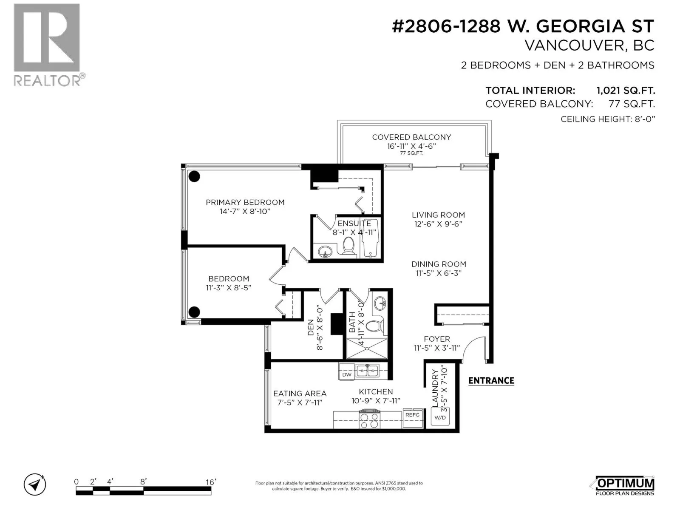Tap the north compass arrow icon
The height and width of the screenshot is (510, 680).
point(35,484)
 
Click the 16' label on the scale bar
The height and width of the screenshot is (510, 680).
point(211,482)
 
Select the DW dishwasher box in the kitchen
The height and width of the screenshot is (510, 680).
point(347,375)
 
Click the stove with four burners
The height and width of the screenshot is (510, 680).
point(369,419)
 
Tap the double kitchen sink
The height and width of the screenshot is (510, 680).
point(368,371)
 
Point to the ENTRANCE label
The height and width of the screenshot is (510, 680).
point(491,380)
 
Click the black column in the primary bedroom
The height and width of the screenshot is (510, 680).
point(194,176)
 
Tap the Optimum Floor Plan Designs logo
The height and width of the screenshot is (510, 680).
point(625,485)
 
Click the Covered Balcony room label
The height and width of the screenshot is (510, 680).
point(411,137)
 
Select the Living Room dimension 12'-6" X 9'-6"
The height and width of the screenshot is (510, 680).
point(438,224)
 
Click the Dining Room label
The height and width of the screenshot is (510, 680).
point(439,264)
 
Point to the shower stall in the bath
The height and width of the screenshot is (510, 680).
point(367,348)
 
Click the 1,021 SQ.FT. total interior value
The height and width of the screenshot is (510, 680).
point(626,91)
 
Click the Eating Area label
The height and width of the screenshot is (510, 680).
point(300,394)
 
